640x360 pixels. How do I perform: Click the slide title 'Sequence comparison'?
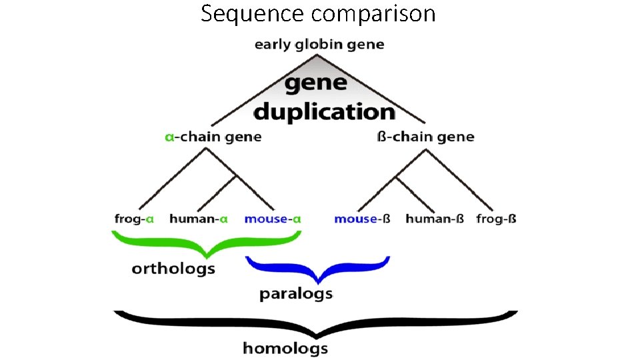(318, 13)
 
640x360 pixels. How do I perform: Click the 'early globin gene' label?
(319, 45)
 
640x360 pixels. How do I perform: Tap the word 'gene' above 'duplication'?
(317, 84)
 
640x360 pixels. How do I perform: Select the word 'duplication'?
(325, 111)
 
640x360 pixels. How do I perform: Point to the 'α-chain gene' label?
(213, 137)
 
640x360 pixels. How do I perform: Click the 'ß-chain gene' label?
(425, 137)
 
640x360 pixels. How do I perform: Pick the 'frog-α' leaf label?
(134, 219)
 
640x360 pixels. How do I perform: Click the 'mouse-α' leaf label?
(273, 219)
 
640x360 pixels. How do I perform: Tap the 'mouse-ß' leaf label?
(362, 219)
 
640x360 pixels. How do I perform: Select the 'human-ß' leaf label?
(434, 219)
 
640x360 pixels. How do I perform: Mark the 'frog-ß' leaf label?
(497, 219)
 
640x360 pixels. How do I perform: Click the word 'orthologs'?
(173, 269)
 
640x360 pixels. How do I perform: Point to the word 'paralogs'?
(296, 293)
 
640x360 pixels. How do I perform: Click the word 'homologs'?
(285, 348)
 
